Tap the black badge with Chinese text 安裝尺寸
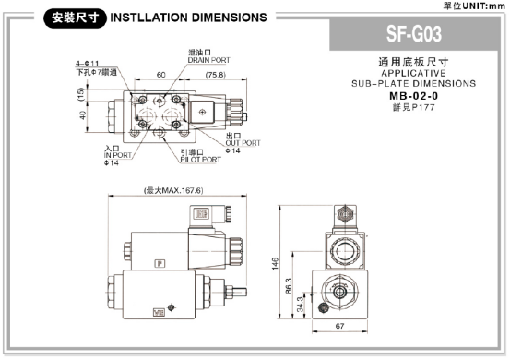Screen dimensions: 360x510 (x=77, y=18)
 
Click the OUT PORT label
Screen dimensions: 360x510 (x=243, y=142)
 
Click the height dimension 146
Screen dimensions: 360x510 (x=275, y=262)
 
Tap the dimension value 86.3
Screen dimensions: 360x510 (x=288, y=286)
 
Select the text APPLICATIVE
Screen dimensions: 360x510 (x=412, y=72)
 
